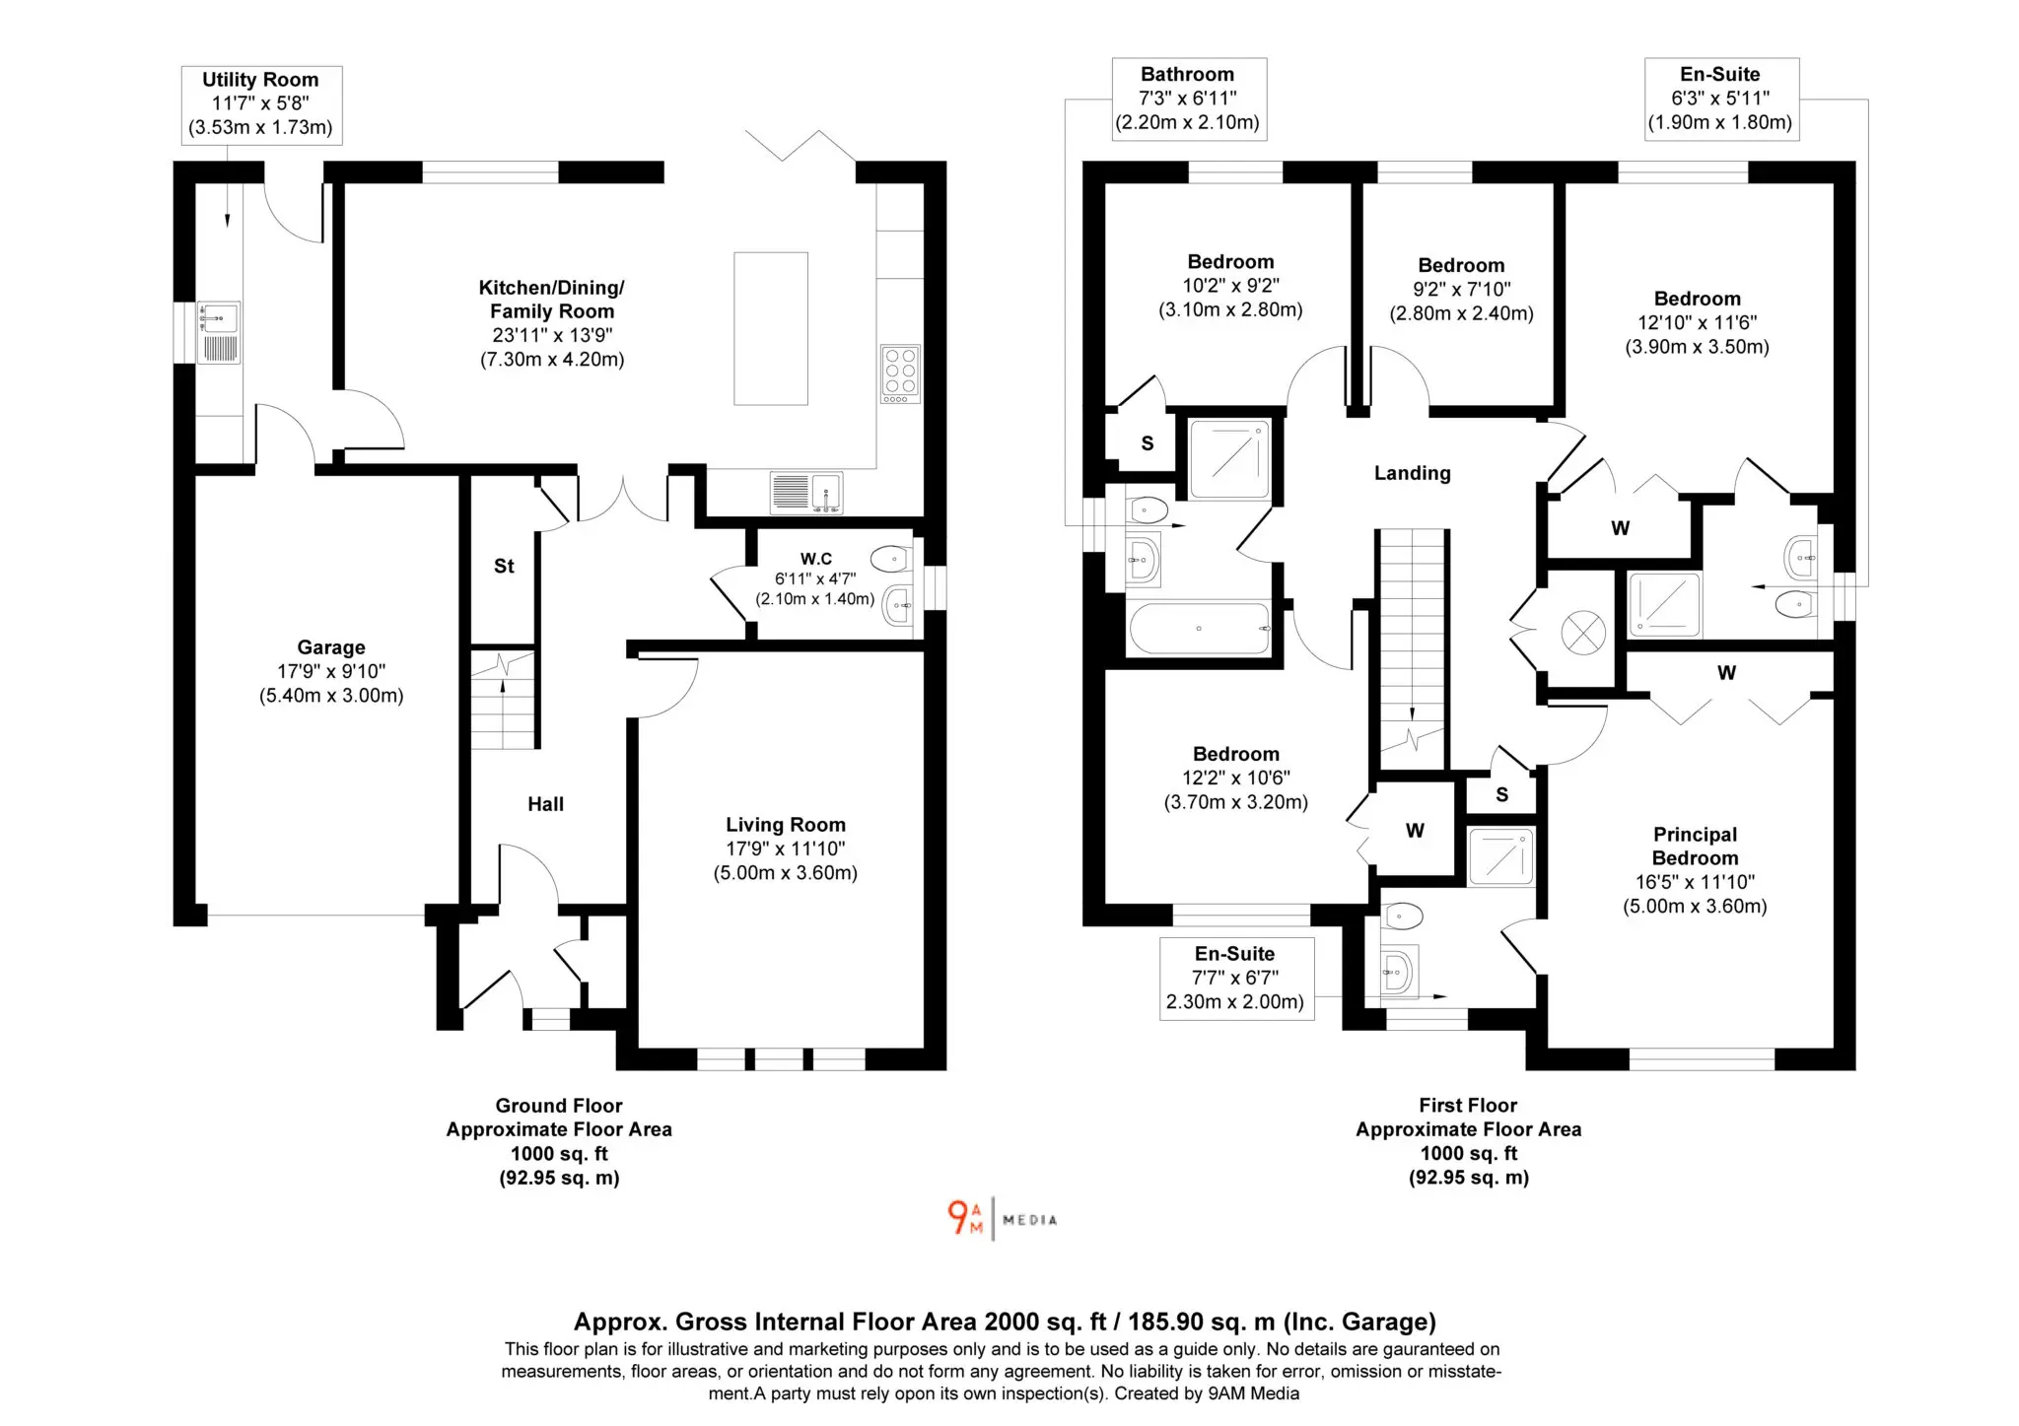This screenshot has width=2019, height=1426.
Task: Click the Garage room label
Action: [x=331, y=647]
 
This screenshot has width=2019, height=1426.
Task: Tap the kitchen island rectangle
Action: [x=771, y=328]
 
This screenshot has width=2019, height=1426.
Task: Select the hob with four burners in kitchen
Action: [x=900, y=373]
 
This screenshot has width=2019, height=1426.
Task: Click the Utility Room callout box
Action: [x=261, y=104]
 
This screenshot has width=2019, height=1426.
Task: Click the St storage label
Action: [x=504, y=566]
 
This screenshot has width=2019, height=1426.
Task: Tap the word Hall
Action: [x=545, y=804]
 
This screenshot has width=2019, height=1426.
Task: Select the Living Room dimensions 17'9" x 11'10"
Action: [x=786, y=849]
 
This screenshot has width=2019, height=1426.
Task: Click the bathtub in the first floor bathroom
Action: [x=1200, y=628]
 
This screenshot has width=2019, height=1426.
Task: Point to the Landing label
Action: [x=1413, y=473]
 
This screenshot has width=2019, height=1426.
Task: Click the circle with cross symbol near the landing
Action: [x=1583, y=633]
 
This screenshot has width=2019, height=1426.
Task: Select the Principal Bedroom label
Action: [x=1695, y=846]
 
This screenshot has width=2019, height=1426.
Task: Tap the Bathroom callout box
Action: [x=1189, y=99]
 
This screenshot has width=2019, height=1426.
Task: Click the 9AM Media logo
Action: [x=1002, y=1218]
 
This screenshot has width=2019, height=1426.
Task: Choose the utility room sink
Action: [x=218, y=333]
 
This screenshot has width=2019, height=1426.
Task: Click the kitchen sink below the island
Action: [x=806, y=493]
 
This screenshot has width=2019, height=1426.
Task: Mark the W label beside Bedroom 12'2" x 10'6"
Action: [x=1415, y=831]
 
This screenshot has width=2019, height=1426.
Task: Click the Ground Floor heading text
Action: [x=559, y=1106]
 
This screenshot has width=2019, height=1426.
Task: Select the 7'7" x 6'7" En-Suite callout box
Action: [x=1236, y=979]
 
